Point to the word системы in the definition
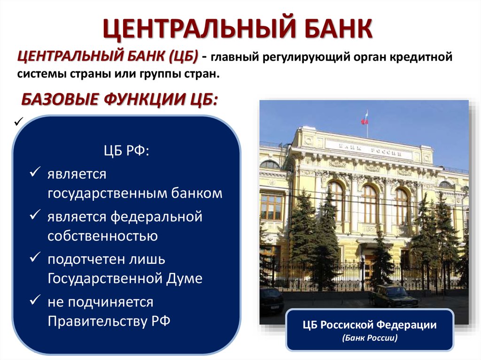[x=40, y=74]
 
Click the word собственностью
[x=102, y=236]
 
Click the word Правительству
[x=97, y=321]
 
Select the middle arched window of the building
[x=369, y=203]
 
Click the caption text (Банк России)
[x=370, y=338]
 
